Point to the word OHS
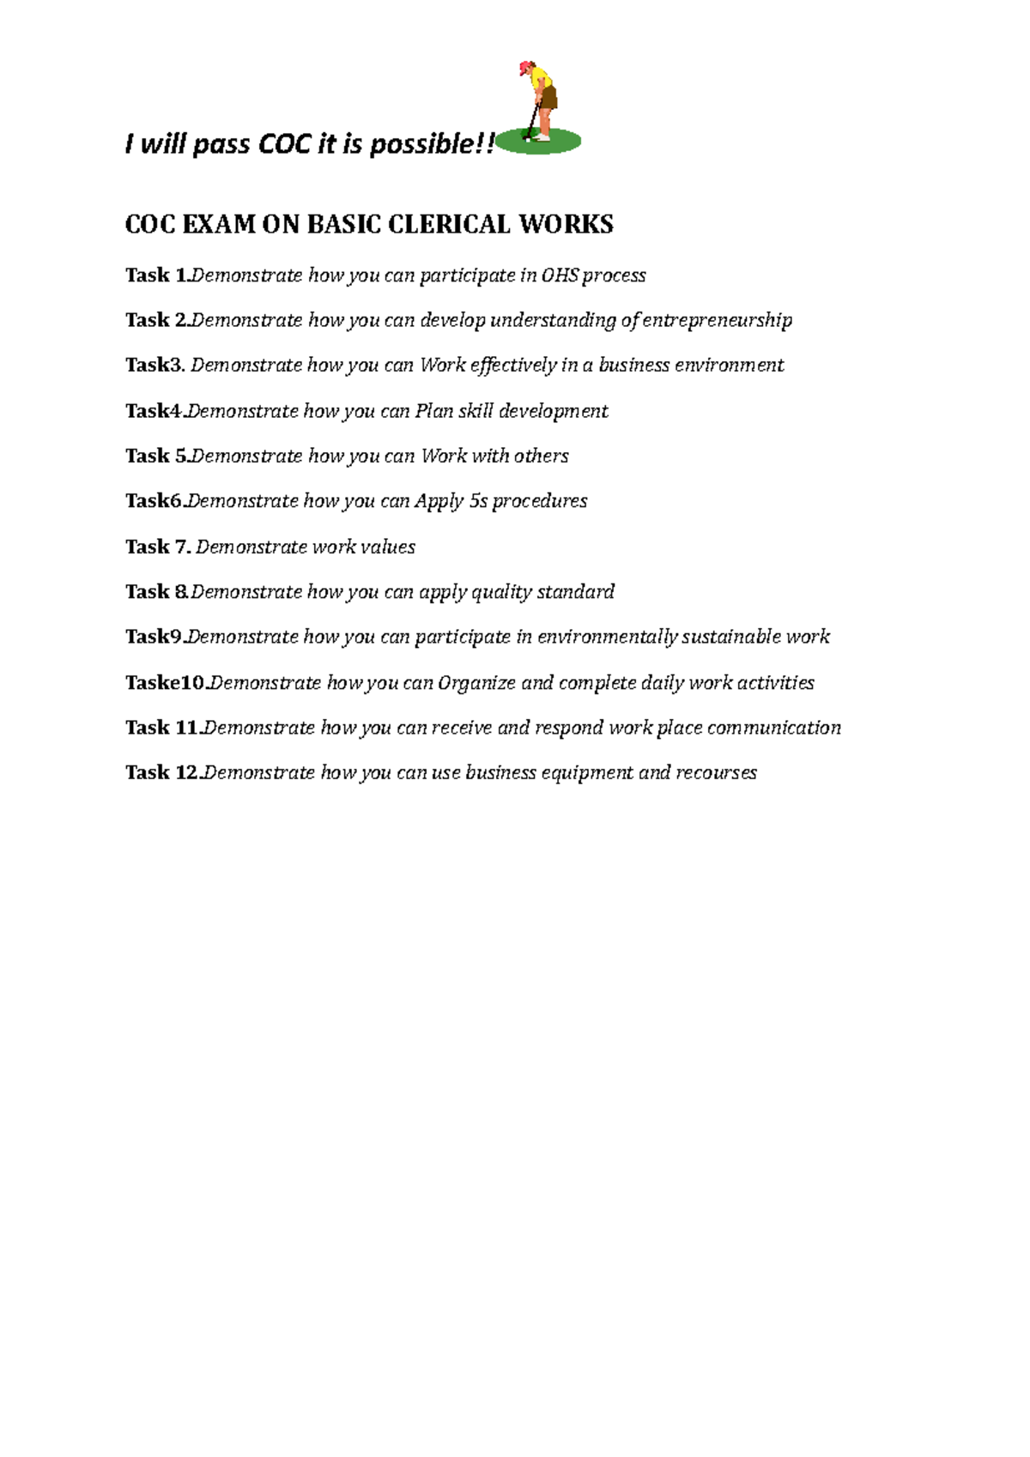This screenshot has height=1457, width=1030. [560, 275]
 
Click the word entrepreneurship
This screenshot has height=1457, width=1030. [717, 321]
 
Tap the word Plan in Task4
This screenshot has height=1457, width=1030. [433, 411]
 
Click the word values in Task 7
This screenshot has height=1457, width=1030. [388, 547]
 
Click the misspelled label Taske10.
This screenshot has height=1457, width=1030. [165, 683]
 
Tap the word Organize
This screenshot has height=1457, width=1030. [476, 683]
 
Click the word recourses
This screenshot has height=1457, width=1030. [716, 773]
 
